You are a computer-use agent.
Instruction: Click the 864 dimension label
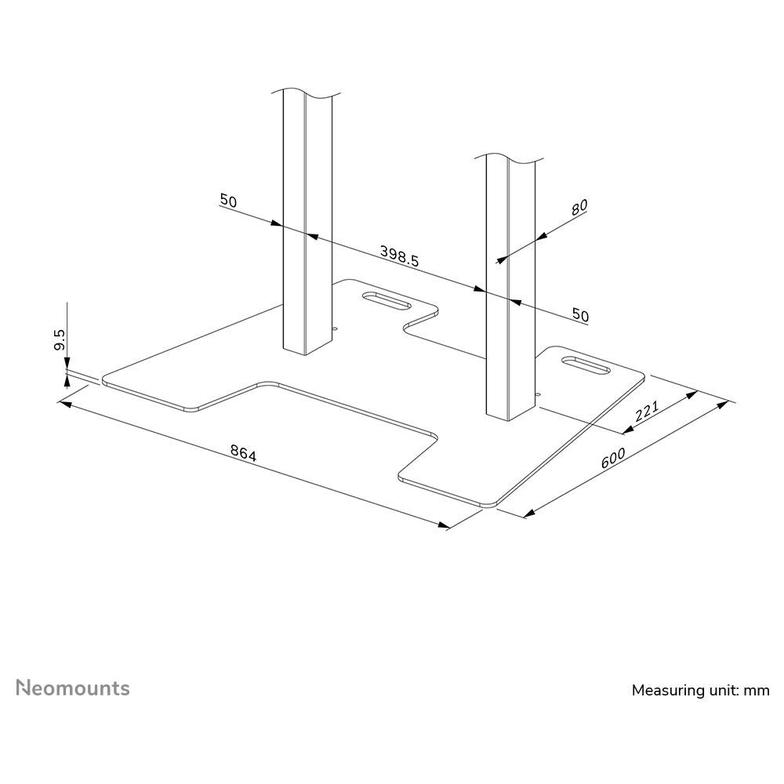(x=244, y=453)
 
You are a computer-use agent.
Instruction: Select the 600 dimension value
(x=613, y=458)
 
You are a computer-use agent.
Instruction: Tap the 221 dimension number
(x=647, y=411)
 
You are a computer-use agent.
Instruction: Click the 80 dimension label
(x=579, y=207)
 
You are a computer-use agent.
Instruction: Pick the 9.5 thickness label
(x=59, y=339)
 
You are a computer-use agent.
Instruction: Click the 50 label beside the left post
(x=228, y=201)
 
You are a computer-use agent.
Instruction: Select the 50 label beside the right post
(x=580, y=315)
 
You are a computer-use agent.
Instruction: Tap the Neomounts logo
(x=73, y=688)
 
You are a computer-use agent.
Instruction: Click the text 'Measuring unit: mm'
(x=700, y=691)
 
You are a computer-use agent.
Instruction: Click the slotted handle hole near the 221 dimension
(x=586, y=365)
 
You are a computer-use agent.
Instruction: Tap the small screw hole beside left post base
(x=336, y=329)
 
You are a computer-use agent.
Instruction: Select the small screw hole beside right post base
(x=538, y=394)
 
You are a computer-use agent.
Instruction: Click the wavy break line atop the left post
(x=306, y=93)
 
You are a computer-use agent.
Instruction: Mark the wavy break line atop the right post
(x=509, y=158)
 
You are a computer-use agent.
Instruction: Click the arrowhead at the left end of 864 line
(x=64, y=402)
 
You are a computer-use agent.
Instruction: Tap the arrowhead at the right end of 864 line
(x=444, y=525)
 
